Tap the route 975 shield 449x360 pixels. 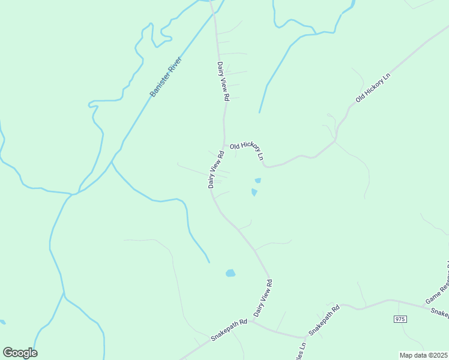(x=400, y=319)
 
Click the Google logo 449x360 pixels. (x=20, y=353)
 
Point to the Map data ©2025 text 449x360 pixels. (x=423, y=355)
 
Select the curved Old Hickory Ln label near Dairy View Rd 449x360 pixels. (x=247, y=149)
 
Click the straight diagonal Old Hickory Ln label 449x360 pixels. (x=372, y=88)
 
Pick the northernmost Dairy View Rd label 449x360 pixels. (x=223, y=81)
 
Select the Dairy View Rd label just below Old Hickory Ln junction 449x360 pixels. (x=216, y=170)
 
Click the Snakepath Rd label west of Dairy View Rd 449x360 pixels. (x=229, y=331)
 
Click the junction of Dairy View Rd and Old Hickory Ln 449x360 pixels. (x=224, y=146)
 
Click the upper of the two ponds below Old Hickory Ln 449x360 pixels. (x=258, y=180)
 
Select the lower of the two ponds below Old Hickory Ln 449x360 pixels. (x=255, y=193)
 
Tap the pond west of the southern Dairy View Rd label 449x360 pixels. (x=231, y=274)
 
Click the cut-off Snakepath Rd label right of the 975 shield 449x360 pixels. (x=440, y=312)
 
